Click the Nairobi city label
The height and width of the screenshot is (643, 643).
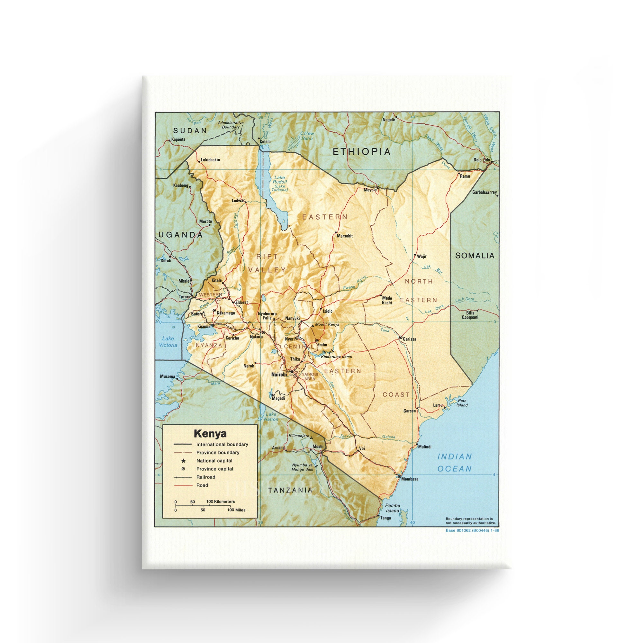click(278, 375)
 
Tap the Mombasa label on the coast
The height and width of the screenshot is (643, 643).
click(410, 479)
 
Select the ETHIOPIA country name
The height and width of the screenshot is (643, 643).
click(362, 152)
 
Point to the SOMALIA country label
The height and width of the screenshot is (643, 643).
click(475, 256)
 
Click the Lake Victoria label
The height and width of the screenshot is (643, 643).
click(168, 342)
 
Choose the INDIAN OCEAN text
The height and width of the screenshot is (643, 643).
click(454, 463)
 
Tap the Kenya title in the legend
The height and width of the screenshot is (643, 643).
click(210, 434)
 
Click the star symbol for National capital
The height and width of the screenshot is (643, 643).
click(183, 461)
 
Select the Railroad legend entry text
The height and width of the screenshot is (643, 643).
click(206, 477)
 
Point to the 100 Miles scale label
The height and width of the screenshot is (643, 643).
click(236, 510)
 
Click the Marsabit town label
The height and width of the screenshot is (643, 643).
click(344, 236)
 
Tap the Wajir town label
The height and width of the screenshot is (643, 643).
click(422, 256)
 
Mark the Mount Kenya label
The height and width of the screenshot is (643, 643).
click(327, 324)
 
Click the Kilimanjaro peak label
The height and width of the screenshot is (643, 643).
click(299, 436)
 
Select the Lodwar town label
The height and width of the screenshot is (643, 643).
click(238, 201)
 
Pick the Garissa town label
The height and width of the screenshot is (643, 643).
click(409, 339)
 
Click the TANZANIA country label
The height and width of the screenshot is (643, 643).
click(290, 490)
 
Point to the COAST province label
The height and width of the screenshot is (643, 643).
click(396, 395)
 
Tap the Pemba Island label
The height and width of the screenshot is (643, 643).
click(393, 508)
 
